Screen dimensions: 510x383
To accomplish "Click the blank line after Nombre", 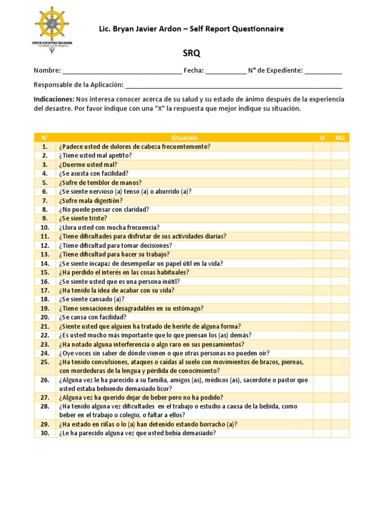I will pos(122,71).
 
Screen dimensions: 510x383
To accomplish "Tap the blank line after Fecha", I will pos(225,71).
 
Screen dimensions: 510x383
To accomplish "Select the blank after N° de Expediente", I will pos(323,71).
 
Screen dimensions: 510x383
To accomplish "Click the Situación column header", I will pos(184,137).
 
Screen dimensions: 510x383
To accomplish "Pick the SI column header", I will pos(322,137).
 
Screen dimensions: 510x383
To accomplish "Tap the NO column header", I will pos(340,137).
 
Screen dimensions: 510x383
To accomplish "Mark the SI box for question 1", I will pos(322,146).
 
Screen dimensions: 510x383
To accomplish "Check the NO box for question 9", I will pos(340,218).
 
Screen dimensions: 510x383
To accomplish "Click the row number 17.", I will pos(45,290).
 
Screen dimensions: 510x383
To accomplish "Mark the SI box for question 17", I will pos(322,290).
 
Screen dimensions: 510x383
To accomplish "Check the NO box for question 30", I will pos(340,433).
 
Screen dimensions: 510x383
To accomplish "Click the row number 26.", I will pos(45,380).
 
